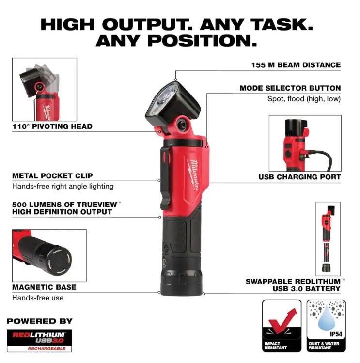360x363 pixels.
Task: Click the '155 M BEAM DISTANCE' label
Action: (296, 65)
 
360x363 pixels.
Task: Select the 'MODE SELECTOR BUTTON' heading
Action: (290, 88)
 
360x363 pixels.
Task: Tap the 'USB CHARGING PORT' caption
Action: (299, 177)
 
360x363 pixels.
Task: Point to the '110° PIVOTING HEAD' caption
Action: (52, 126)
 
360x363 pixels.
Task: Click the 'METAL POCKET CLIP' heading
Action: (52, 176)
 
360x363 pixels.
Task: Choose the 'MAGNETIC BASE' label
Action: (44, 287)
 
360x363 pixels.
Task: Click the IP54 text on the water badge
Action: (336, 334)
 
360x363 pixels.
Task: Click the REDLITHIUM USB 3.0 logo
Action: (39, 338)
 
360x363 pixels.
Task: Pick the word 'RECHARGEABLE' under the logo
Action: (47, 348)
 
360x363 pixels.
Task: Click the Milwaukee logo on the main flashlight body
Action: (193, 175)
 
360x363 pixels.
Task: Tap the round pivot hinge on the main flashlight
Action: (182, 125)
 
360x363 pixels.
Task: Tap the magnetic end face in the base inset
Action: (59, 260)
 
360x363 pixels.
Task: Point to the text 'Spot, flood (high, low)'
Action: (304, 99)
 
